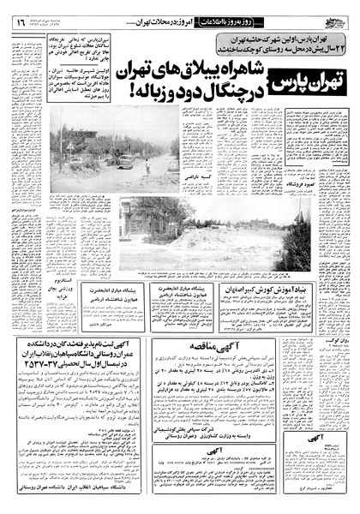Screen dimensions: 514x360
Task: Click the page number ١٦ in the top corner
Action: [x=19, y=11]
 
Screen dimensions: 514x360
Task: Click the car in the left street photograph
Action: [x=125, y=160]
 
